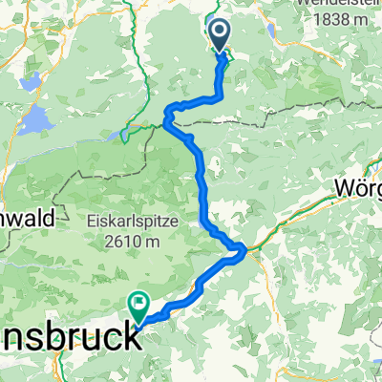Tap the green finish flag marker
pos(139,307)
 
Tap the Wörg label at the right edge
pos(359,189)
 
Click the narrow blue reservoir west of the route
pos(130,135)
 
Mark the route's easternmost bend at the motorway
pos(244,251)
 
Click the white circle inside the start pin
pos(219,33)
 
